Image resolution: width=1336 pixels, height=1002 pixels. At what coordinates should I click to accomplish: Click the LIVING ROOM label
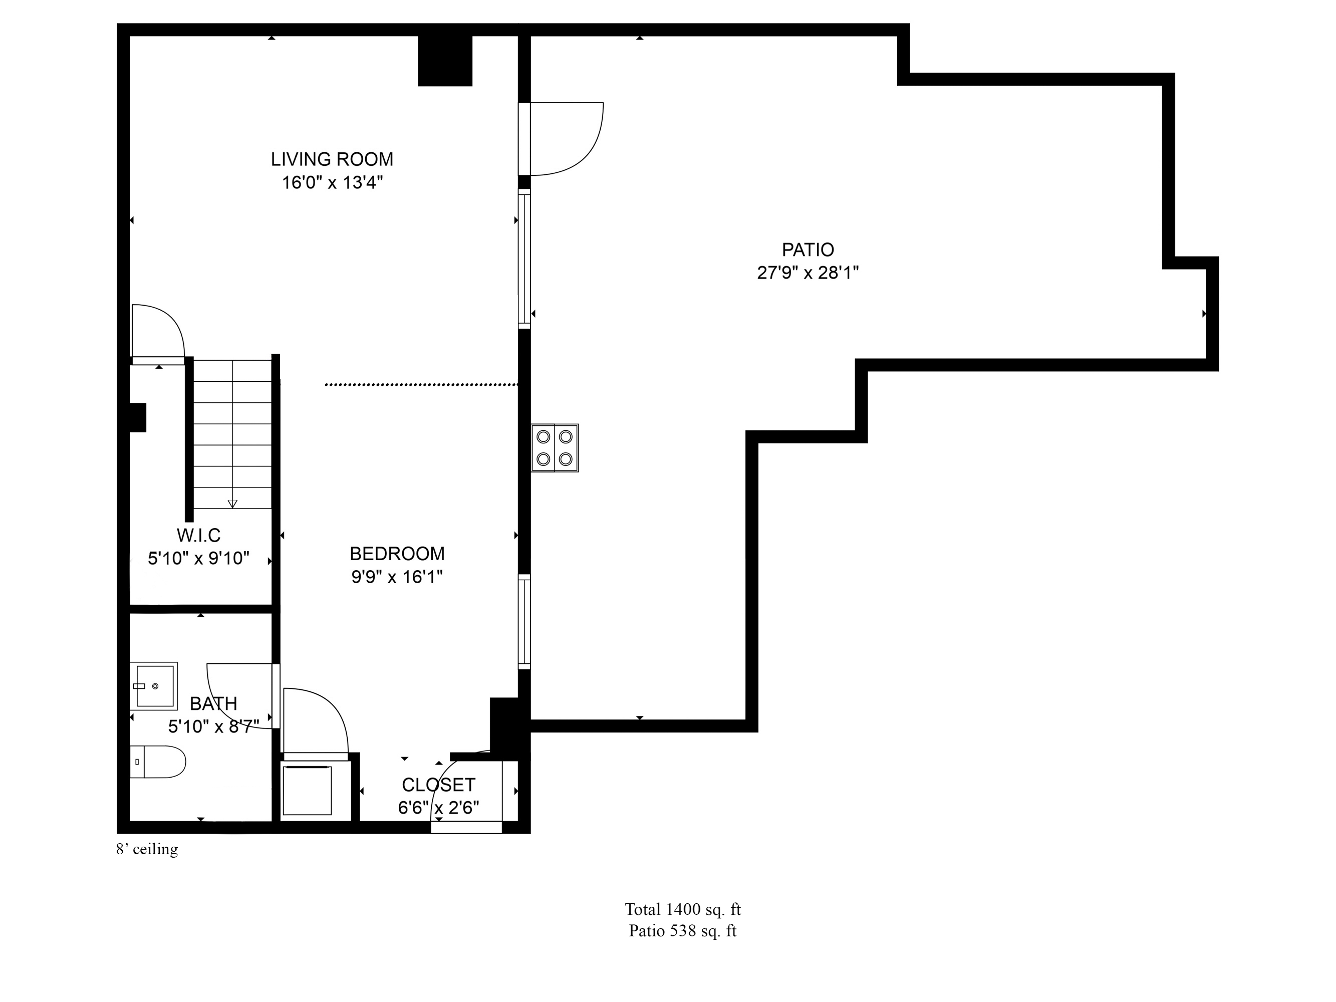click(332, 159)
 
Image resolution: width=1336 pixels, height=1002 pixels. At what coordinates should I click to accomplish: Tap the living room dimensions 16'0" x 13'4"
click(332, 182)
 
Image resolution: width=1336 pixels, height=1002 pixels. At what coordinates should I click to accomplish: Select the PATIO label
click(808, 249)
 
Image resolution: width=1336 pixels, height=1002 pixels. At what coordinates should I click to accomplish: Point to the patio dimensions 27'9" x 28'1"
click(808, 273)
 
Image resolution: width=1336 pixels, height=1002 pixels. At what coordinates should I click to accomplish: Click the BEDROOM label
click(397, 554)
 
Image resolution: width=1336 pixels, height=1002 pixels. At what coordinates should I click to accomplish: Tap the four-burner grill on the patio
click(555, 447)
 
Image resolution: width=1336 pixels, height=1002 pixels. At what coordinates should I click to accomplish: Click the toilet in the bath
click(158, 762)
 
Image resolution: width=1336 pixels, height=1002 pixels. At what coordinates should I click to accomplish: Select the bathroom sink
click(154, 686)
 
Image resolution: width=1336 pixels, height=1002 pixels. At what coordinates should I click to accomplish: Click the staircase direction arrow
click(232, 503)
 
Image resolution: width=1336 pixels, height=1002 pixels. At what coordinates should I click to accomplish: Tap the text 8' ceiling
click(147, 849)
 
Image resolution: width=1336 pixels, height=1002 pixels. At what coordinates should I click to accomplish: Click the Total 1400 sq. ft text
click(682, 909)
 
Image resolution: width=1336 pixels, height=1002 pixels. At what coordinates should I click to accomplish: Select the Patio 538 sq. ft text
click(682, 931)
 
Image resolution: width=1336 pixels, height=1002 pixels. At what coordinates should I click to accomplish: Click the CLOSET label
click(438, 785)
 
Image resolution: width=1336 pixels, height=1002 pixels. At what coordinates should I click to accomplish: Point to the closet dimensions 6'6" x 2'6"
click(438, 808)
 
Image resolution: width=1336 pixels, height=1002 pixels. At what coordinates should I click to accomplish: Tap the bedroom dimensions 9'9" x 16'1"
click(397, 577)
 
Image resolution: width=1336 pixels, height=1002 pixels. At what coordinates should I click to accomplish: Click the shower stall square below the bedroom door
click(307, 790)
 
